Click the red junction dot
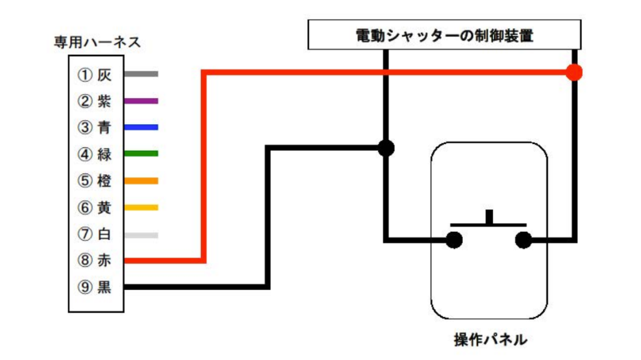pos(575,72)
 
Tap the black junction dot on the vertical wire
pos(386,147)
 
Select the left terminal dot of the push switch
pos(454,240)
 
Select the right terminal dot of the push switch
pos(524,240)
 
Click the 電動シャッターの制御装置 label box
pos(444,35)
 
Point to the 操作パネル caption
pos(490,339)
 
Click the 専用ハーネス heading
pos(98,43)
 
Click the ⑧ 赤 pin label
pos(95,261)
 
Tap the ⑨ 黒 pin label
pos(95,287)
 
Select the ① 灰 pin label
pos(95,74)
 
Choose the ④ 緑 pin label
pos(95,154)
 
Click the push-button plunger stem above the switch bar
pos(489,217)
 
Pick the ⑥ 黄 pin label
pos(95,208)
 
